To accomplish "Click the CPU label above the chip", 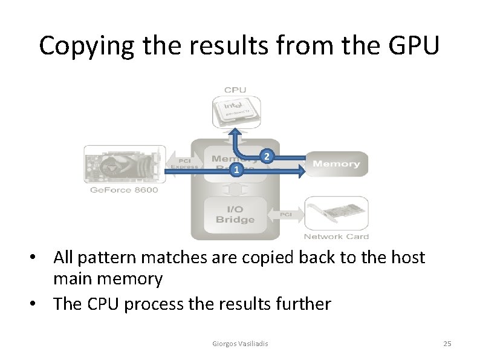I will (235, 90).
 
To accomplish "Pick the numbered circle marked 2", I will (267, 157).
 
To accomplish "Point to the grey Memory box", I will (336, 163).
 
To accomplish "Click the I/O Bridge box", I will (235, 214).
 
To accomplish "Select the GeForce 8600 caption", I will (124, 190).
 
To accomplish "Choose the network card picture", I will (336, 213).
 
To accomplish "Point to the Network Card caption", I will (336, 236).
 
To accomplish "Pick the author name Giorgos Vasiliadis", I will (240, 344).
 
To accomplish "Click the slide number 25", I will (447, 344).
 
